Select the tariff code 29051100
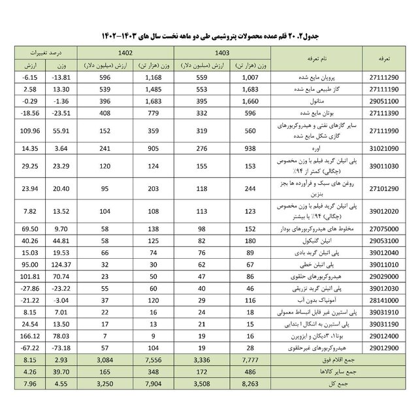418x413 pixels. [385, 101]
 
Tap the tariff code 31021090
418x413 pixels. [385, 149]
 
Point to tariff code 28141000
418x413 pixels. [385, 300]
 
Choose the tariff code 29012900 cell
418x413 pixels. [385, 347]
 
